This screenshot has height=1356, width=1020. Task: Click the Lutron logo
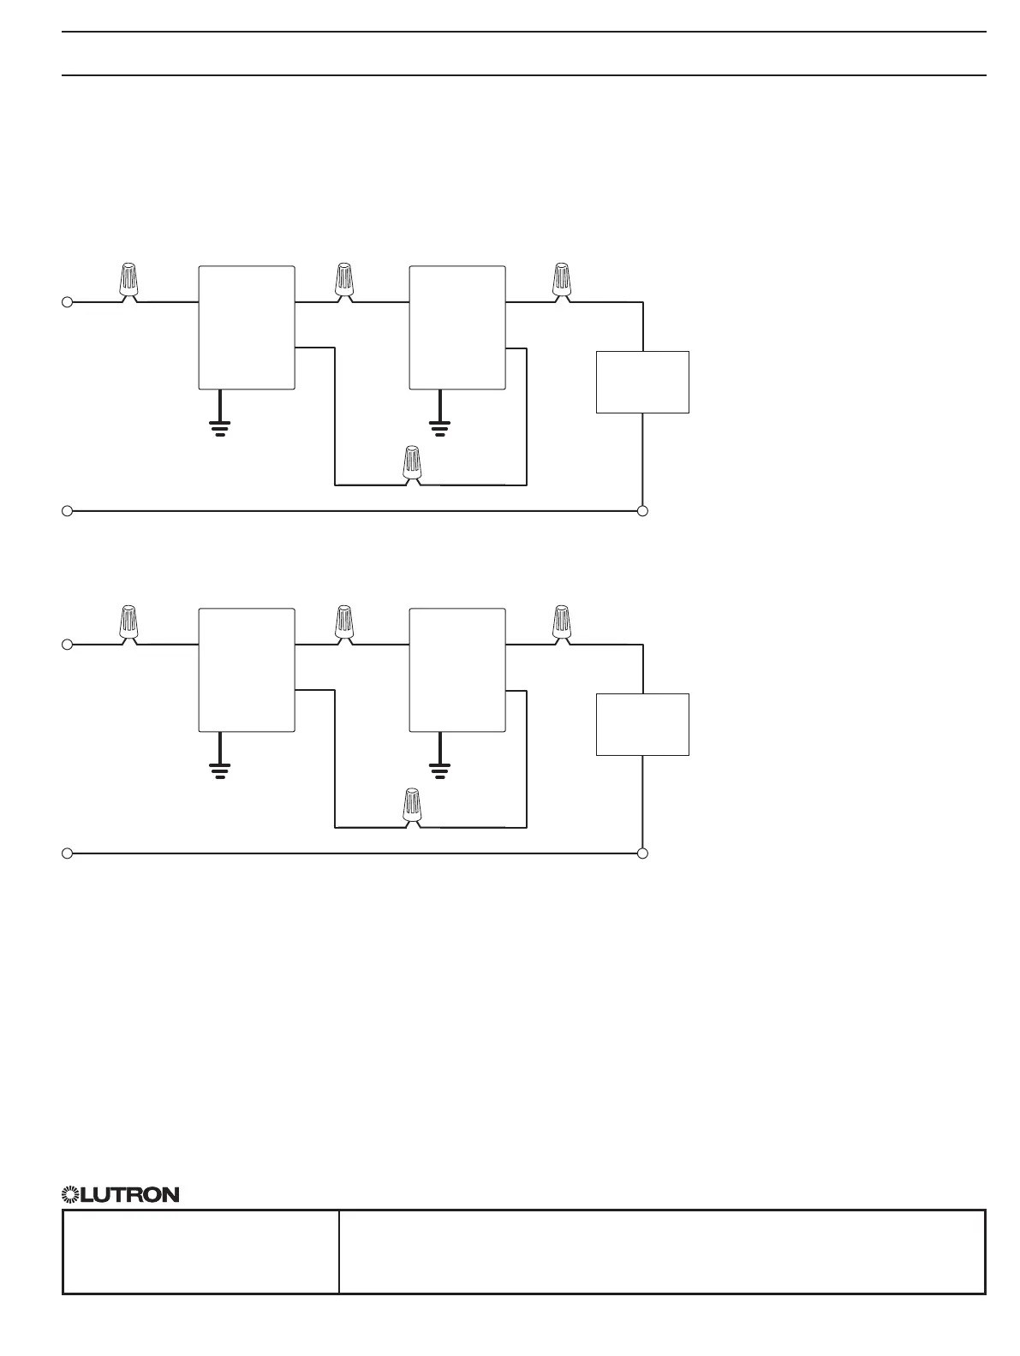(120, 1194)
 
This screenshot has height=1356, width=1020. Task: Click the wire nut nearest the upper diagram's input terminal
(128, 282)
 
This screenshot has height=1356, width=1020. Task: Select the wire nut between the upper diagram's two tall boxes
(344, 282)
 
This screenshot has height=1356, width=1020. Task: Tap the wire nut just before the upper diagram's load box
(562, 282)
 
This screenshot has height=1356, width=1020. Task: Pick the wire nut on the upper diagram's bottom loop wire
(413, 464)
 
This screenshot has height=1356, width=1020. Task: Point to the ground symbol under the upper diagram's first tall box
(220, 425)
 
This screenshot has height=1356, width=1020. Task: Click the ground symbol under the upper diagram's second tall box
(440, 425)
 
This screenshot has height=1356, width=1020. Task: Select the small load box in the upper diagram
(642, 382)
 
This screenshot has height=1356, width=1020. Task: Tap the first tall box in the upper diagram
(247, 328)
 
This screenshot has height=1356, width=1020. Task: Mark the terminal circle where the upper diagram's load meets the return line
(643, 511)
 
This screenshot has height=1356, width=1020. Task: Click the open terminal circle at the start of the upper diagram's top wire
(67, 302)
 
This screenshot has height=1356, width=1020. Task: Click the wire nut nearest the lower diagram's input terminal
(128, 623)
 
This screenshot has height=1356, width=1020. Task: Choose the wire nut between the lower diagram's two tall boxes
(344, 623)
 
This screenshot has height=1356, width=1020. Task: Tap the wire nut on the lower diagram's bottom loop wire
(413, 807)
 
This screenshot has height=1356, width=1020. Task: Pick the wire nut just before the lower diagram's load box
(562, 623)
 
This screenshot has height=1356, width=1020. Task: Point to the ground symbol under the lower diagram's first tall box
(220, 769)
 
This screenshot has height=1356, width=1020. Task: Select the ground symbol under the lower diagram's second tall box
(440, 769)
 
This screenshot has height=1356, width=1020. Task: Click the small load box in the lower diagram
(642, 724)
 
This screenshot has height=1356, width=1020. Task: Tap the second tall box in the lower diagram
(457, 670)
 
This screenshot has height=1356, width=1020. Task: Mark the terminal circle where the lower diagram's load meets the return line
(643, 853)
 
